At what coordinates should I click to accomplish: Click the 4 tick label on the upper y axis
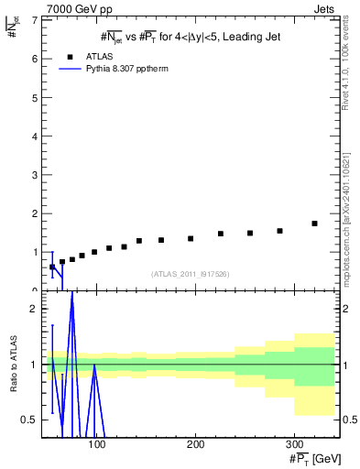35,136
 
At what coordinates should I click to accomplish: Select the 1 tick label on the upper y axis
35,252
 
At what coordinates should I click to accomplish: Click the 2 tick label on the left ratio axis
35,309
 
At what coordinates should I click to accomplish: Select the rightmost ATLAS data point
314,224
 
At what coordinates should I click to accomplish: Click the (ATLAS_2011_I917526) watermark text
190,274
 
